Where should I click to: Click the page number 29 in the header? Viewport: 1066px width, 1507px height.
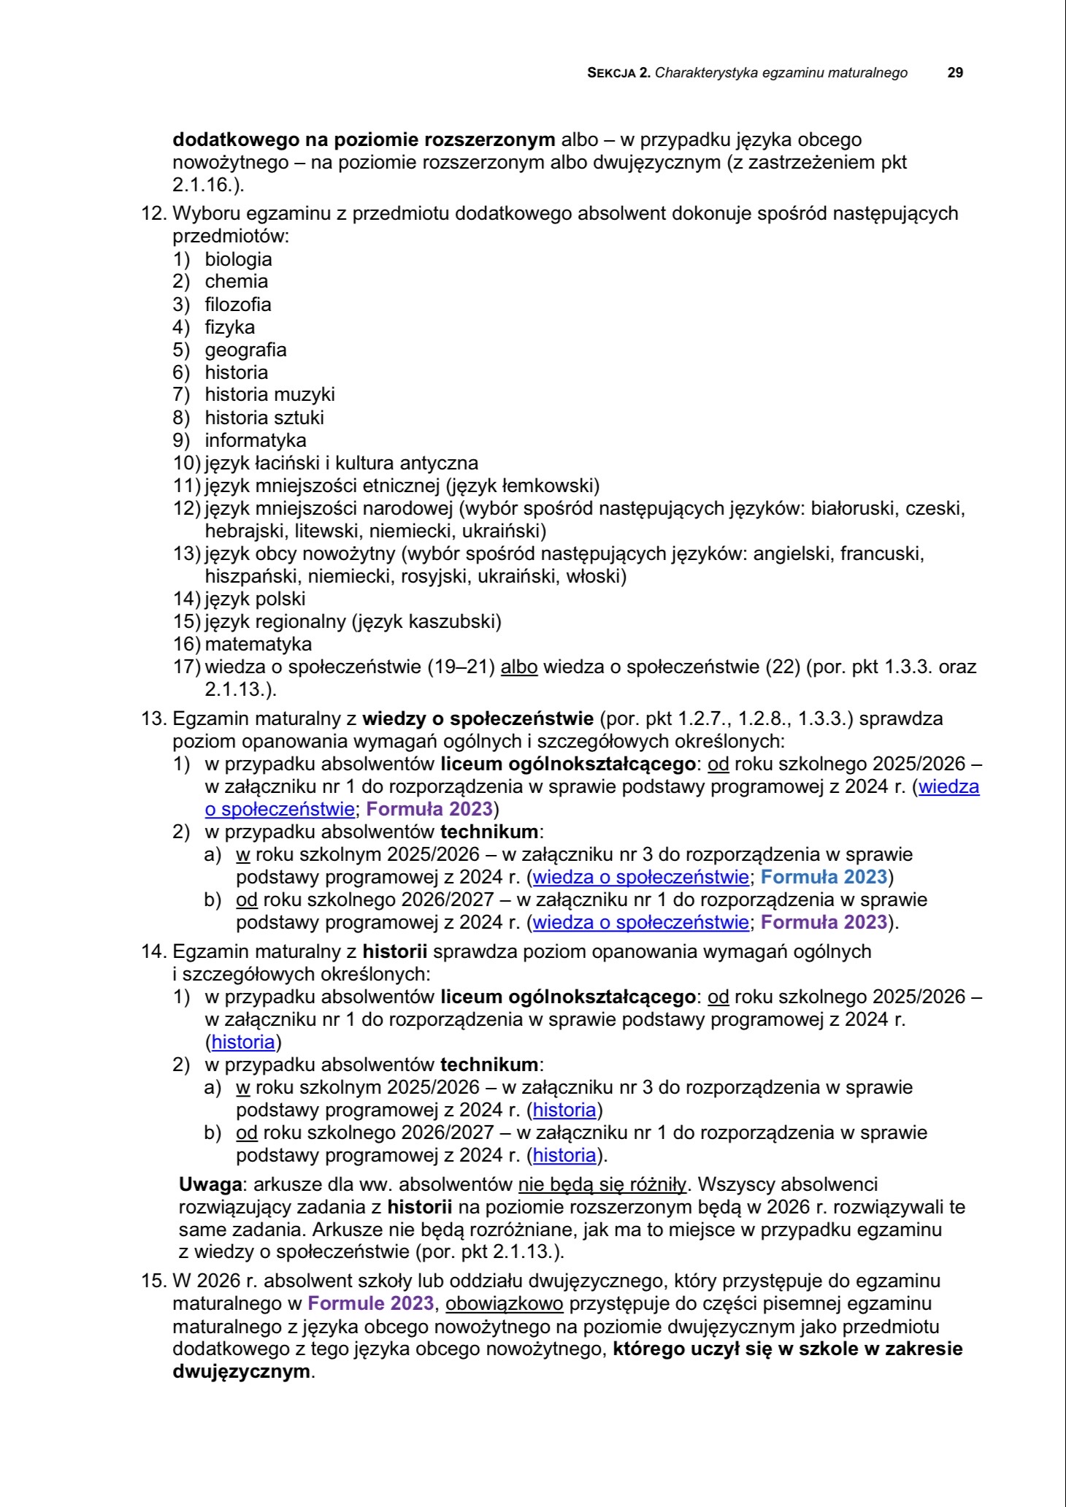click(955, 73)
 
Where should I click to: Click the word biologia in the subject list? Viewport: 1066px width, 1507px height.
click(238, 259)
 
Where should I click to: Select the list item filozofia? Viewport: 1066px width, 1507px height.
click(238, 304)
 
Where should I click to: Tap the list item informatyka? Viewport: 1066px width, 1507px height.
click(256, 440)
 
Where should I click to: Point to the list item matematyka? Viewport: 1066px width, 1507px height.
click(258, 644)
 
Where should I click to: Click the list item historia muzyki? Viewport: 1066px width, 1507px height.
click(269, 395)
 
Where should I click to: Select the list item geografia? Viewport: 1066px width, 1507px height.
click(245, 350)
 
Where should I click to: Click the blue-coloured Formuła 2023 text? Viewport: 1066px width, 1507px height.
click(824, 876)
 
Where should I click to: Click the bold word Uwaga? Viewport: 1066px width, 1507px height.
click(210, 1184)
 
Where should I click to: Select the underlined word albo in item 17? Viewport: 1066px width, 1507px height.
click(519, 667)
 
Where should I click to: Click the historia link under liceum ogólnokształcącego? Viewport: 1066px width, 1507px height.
click(243, 1042)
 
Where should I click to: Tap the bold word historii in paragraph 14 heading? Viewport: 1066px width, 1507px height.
click(394, 951)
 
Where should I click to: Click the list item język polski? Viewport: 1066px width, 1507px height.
click(255, 599)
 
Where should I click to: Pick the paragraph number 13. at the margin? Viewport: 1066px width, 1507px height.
click(154, 719)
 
